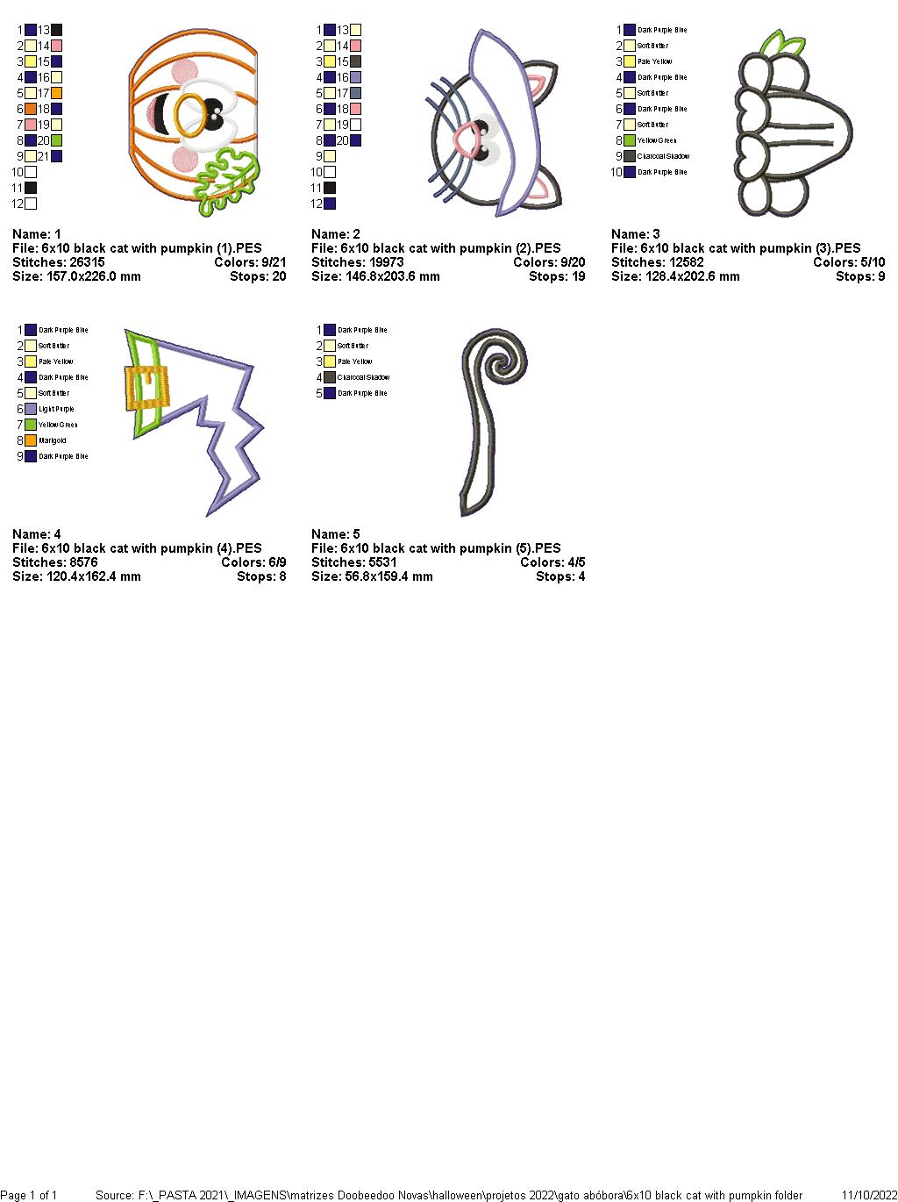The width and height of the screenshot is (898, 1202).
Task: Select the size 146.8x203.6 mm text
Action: coord(376,276)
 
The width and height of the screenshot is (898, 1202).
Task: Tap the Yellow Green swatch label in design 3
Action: coord(657,140)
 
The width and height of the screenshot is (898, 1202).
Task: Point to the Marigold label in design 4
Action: coord(53,440)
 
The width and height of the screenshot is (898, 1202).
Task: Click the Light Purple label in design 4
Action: coord(56,409)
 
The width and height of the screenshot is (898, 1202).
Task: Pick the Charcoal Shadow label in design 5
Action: coord(363,377)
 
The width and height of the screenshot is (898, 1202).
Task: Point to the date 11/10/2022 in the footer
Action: coord(869,1195)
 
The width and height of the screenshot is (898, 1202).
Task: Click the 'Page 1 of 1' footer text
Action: coord(29,1195)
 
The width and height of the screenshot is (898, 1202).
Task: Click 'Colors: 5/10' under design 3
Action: coord(848,262)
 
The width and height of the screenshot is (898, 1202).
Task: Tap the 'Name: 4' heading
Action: coord(37,534)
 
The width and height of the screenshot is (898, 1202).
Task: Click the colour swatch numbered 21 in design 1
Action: coord(56,156)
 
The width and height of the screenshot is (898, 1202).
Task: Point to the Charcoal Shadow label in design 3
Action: coord(663,156)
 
